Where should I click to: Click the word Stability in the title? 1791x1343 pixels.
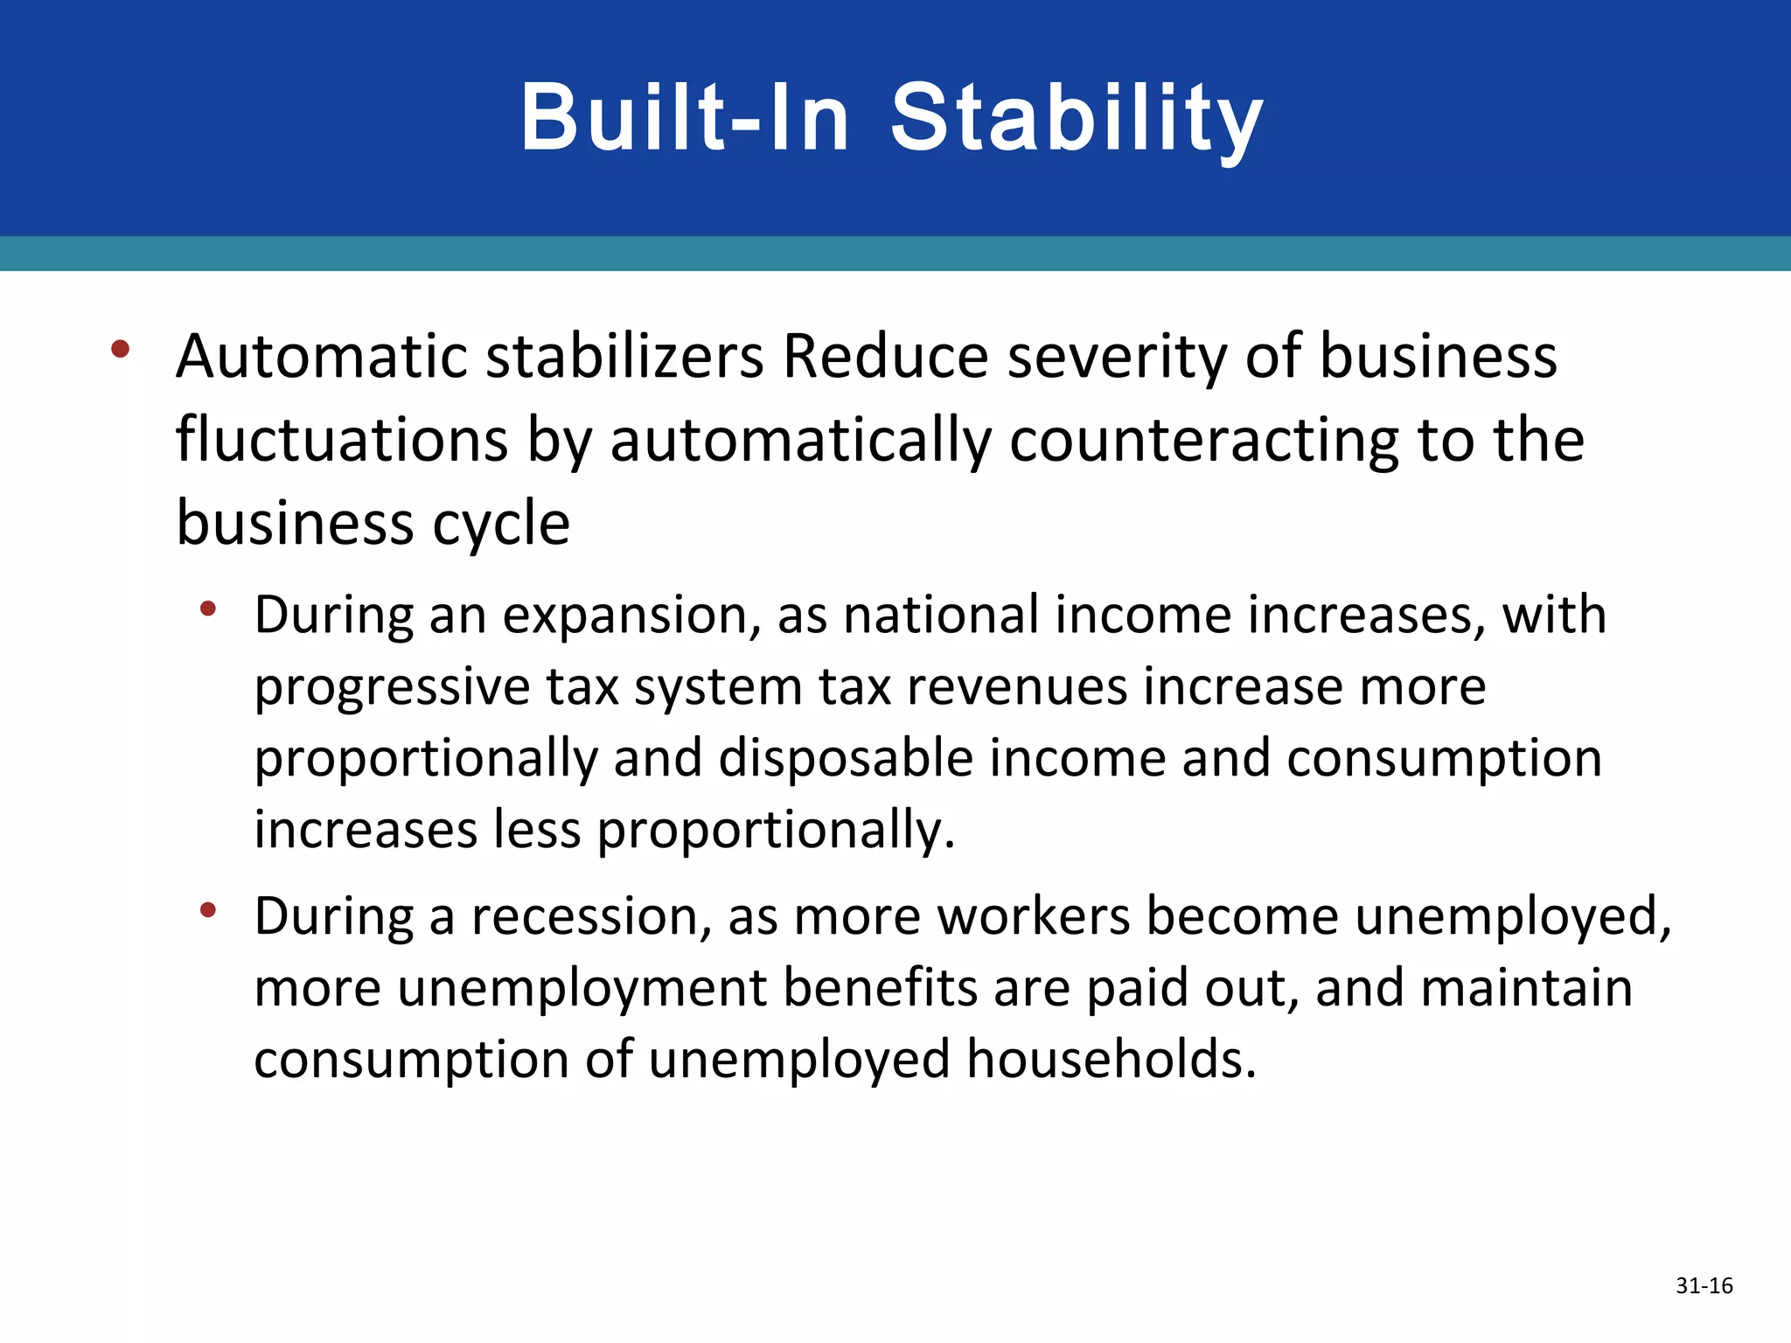[1077, 118]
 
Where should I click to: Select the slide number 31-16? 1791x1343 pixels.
[1704, 1285]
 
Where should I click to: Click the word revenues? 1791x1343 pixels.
[1016, 687]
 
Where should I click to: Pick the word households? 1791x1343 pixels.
[1112, 1060]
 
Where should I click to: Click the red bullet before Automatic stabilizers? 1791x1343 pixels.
[121, 350]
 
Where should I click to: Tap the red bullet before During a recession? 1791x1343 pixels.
[207, 910]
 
